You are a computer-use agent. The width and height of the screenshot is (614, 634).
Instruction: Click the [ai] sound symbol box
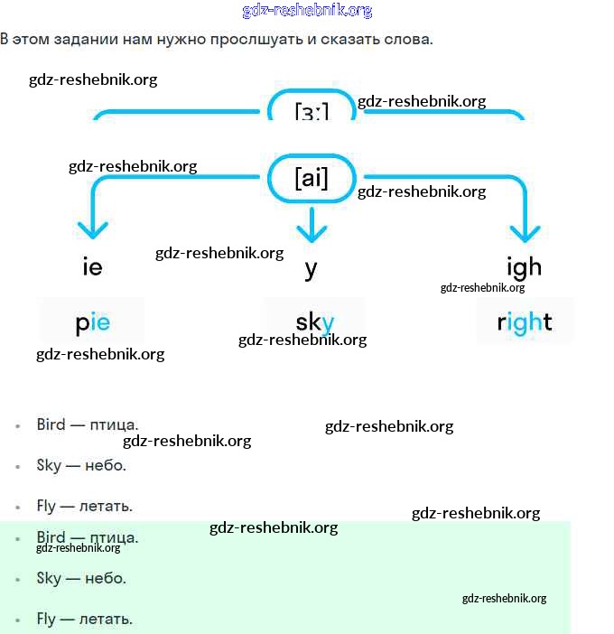(312, 178)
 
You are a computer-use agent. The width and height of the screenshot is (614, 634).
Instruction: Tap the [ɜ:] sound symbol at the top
(312, 111)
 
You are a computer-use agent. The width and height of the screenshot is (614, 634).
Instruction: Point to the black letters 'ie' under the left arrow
(92, 267)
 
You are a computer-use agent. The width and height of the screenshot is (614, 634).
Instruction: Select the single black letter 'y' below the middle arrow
(312, 268)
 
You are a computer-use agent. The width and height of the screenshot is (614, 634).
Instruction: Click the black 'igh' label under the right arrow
(524, 266)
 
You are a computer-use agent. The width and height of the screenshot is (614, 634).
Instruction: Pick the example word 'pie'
(92, 322)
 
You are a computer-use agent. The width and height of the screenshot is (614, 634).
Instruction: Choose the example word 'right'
(525, 322)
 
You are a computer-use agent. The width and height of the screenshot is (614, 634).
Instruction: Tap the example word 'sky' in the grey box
(314, 322)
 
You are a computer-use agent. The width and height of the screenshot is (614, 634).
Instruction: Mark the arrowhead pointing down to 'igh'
(524, 229)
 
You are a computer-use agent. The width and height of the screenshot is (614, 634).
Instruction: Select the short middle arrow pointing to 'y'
(312, 226)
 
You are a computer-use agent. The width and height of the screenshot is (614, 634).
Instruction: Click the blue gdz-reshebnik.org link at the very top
(307, 11)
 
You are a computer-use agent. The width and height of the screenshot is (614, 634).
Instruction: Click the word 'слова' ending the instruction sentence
(409, 40)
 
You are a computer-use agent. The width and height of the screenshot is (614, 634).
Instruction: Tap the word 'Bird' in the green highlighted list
(51, 538)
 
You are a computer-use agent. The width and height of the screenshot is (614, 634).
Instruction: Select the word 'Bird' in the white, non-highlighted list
(51, 424)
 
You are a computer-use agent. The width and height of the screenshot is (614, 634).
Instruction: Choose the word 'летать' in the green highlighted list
(107, 620)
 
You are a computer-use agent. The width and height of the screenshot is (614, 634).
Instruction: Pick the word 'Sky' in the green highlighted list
(49, 578)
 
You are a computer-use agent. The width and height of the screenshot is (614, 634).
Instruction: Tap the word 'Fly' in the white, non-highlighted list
(46, 506)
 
